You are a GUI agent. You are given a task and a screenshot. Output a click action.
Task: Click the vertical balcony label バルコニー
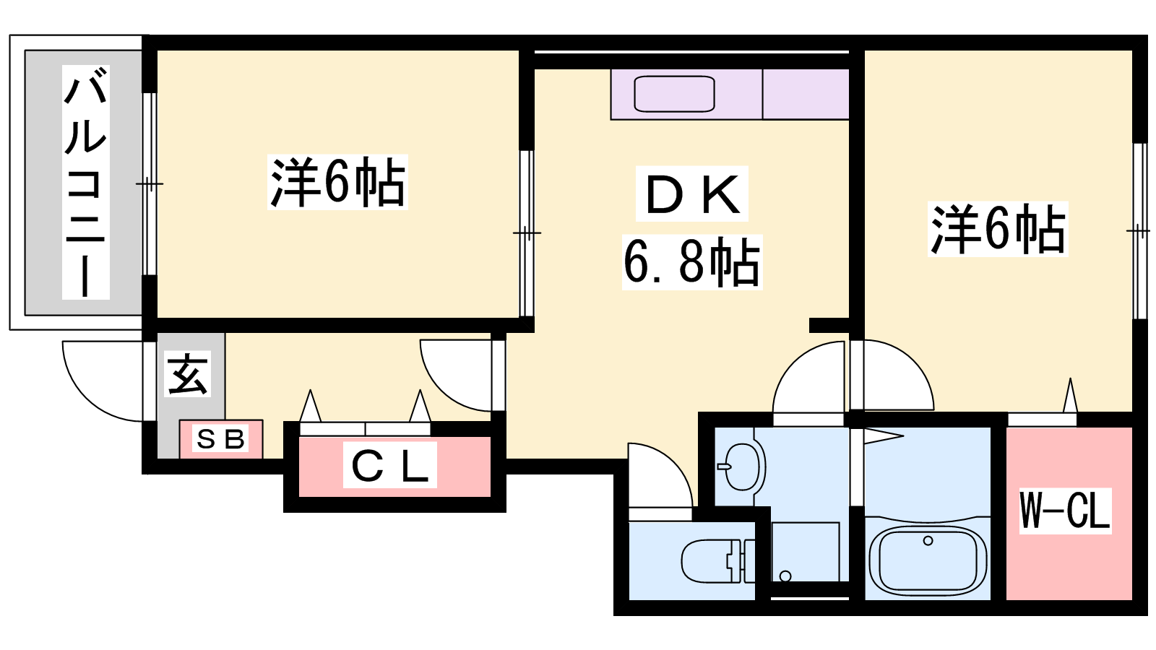click(x=86, y=182)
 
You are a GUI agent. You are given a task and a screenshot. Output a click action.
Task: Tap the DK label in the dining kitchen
click(x=692, y=194)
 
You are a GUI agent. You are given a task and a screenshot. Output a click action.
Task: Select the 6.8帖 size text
click(x=692, y=262)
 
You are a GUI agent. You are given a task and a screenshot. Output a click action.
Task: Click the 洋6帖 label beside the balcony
click(x=337, y=182)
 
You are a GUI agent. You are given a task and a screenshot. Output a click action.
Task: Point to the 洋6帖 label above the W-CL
click(x=998, y=229)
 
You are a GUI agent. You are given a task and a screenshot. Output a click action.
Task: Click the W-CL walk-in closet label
click(x=1065, y=511)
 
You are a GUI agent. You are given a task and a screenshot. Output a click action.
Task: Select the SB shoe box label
click(x=220, y=439)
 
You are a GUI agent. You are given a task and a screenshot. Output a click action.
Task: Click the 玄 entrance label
click(x=187, y=374)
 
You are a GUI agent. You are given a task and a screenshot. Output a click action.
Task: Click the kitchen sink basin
click(x=674, y=94)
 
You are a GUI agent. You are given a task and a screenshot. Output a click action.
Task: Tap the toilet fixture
click(x=718, y=560)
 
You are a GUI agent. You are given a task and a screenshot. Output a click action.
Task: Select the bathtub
click(x=928, y=559)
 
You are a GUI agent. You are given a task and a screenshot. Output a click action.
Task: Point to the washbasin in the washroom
click(x=741, y=467)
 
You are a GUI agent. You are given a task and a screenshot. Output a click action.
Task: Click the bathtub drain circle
click(x=928, y=541)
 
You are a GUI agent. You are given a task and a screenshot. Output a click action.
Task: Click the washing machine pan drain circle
click(x=785, y=576)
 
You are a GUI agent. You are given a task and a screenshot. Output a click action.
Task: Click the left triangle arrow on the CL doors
click(x=310, y=406)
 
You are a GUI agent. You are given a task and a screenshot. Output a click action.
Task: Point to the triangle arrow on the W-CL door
click(x=1070, y=395)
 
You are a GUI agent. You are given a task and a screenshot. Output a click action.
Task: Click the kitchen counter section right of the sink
click(x=806, y=94)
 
